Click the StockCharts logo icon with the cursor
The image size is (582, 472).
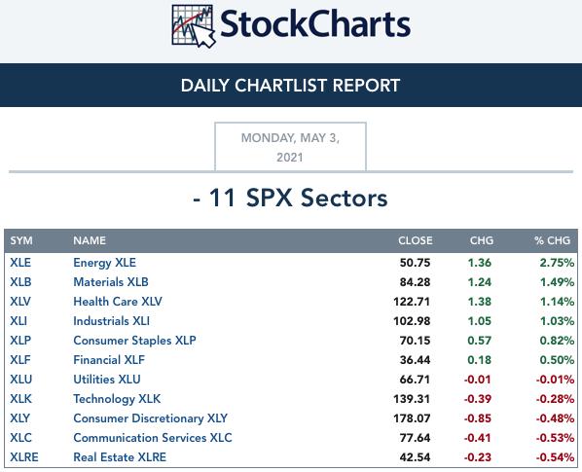click(194, 26)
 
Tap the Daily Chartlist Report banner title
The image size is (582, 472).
click(290, 86)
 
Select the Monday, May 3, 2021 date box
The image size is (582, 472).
click(290, 147)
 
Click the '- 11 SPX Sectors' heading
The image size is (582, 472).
click(290, 198)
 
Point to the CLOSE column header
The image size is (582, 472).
click(416, 240)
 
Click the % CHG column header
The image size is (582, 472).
click(552, 240)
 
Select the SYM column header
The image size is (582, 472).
click(21, 240)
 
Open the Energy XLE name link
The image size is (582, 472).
click(105, 263)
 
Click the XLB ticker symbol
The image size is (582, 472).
click(20, 282)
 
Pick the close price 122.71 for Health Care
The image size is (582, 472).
click(412, 302)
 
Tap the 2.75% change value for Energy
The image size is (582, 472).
click(557, 263)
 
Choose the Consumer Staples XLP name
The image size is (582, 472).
click(134, 341)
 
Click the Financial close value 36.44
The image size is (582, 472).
click(415, 360)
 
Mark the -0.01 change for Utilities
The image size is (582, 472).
click(477, 380)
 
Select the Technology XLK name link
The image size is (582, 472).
click(117, 399)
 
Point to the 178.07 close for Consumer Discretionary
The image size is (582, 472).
click(412, 418)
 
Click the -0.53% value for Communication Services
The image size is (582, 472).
click(555, 438)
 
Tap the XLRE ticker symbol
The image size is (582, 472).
click(24, 457)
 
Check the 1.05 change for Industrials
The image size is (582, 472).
click(480, 321)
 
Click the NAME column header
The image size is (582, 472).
click(90, 240)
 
